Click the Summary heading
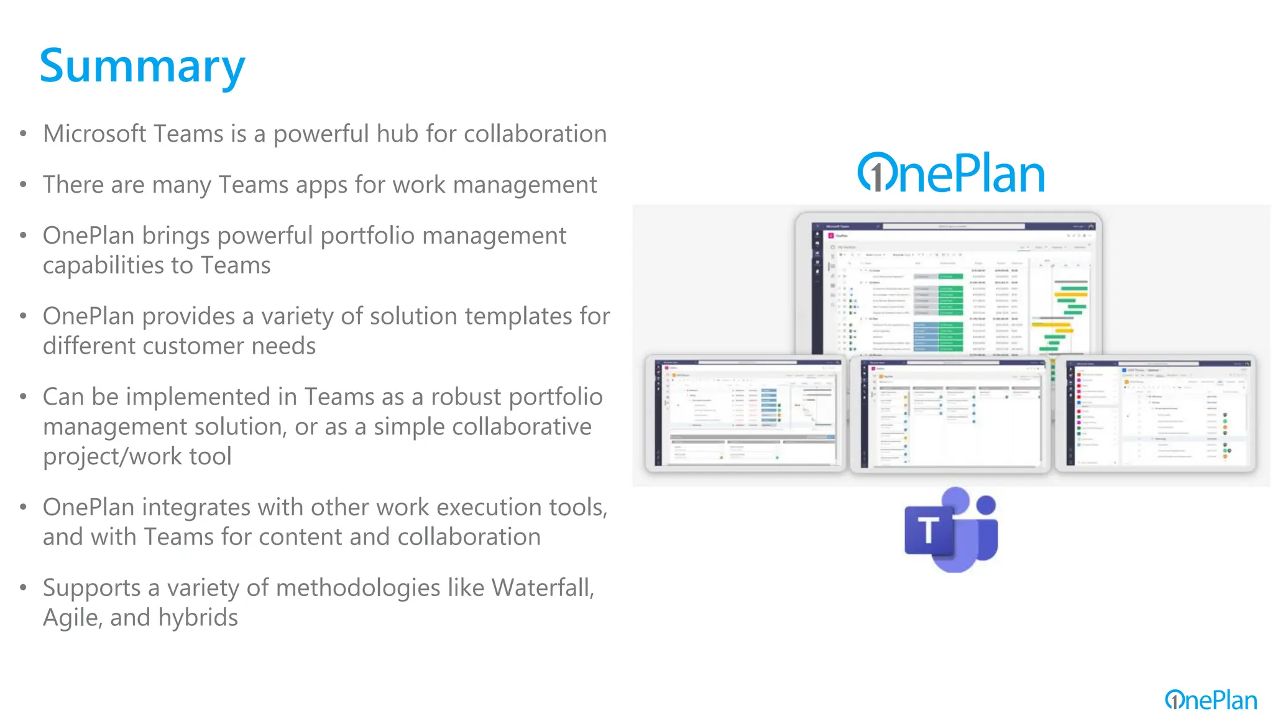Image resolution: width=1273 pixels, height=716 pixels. (x=142, y=67)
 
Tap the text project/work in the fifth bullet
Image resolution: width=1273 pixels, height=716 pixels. (x=112, y=456)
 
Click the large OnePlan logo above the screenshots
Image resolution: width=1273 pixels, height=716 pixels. (x=951, y=173)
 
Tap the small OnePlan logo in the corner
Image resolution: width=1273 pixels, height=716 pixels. (x=1211, y=700)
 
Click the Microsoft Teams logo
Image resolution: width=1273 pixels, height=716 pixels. (x=951, y=530)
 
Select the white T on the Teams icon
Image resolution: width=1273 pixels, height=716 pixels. (x=928, y=531)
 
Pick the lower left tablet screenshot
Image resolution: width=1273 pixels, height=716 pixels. (x=746, y=413)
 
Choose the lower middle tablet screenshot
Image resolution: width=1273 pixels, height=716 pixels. (x=950, y=414)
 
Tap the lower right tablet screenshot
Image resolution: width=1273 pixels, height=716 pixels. (x=1155, y=413)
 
